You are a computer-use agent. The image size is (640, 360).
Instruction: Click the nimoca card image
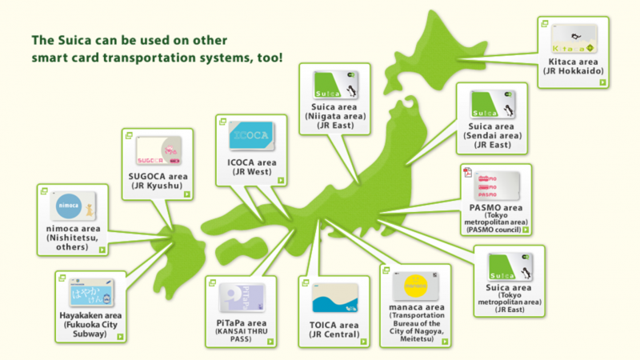74,205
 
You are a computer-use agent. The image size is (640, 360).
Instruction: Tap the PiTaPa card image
239,298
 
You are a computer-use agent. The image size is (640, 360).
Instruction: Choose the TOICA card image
331,300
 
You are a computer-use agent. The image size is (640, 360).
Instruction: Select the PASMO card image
497,186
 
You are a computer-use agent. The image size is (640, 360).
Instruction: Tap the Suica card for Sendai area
493,105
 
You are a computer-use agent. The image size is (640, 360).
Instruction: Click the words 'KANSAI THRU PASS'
239,334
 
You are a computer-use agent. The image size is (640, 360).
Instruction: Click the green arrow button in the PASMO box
526,230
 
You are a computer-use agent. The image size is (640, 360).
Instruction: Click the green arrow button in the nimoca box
102,250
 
